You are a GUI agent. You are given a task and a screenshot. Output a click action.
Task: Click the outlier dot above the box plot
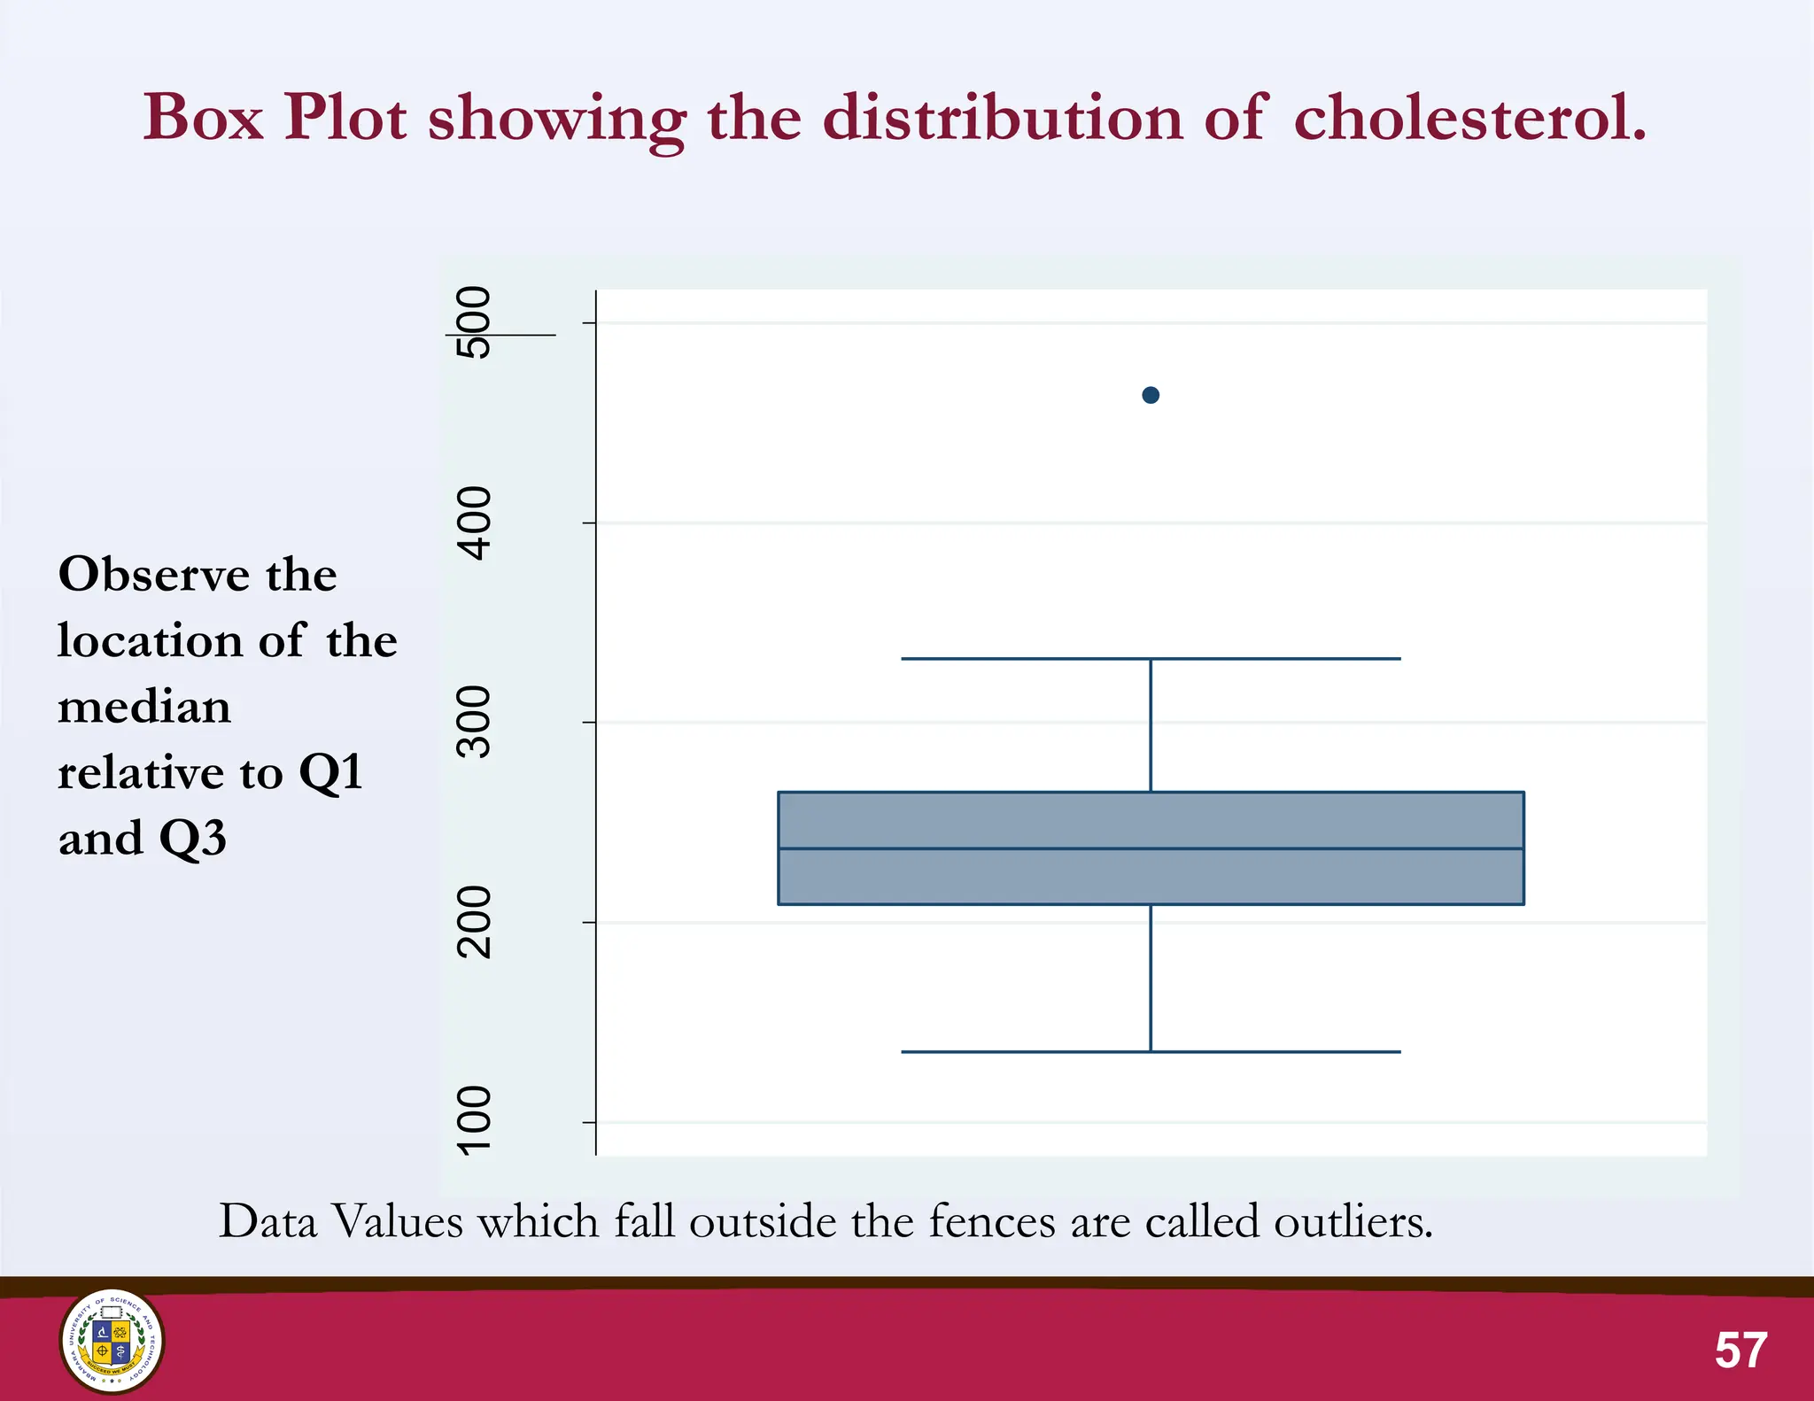pos(1151,395)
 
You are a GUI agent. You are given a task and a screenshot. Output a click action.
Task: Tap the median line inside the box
pos(1151,848)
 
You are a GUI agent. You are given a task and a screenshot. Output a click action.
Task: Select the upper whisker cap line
pos(1151,659)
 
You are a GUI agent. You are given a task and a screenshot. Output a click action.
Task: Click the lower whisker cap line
pos(1151,1052)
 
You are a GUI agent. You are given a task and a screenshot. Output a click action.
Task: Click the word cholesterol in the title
pos(1469,117)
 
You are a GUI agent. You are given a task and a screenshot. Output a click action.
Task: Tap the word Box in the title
pos(204,117)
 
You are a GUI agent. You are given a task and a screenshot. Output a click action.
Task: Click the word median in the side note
pos(144,708)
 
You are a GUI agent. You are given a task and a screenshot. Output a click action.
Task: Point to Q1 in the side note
pos(331,772)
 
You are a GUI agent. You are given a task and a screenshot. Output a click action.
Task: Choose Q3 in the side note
pos(192,838)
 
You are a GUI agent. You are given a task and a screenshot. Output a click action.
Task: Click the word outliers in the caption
pos(1353,1222)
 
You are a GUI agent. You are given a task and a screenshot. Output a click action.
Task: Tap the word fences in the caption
pos(993,1222)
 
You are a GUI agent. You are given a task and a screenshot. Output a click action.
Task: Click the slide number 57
pos(1740,1350)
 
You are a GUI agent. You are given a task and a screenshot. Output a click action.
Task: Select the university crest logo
pos(112,1341)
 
